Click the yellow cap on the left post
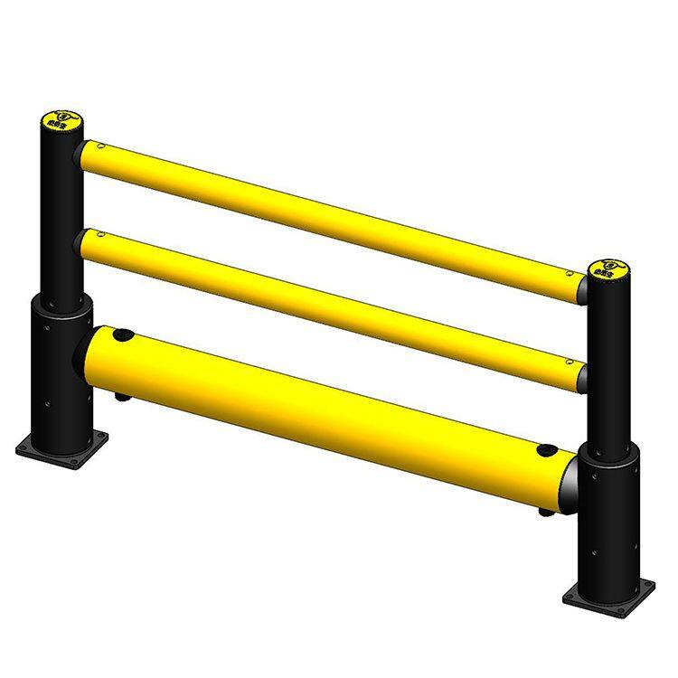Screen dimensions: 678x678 click(x=61, y=119)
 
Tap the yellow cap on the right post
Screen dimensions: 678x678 click(x=608, y=269)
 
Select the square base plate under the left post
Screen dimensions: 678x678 click(x=61, y=447)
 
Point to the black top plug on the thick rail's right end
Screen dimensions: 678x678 click(x=545, y=449)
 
